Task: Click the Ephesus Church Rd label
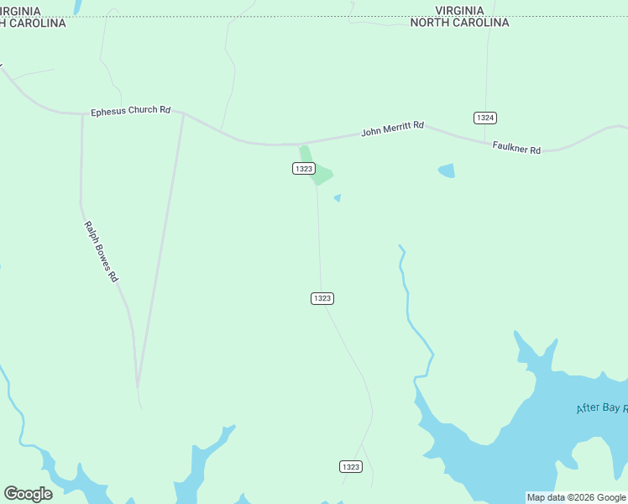[x=130, y=111]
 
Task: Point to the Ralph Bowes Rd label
[x=101, y=251]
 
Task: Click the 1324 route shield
[x=484, y=118]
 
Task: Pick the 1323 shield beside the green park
[x=304, y=169]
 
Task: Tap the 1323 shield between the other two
[x=322, y=298]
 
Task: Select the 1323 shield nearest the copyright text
[x=351, y=466]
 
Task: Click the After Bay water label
[x=603, y=408]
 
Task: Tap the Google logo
[x=28, y=494]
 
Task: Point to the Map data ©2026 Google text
[x=576, y=498]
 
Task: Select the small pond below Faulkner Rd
[x=446, y=171]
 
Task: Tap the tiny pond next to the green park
[x=338, y=198]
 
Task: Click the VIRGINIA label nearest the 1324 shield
[x=459, y=10]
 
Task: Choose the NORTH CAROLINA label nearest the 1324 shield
[x=459, y=23]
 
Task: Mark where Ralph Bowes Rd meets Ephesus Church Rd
[x=82, y=114]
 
